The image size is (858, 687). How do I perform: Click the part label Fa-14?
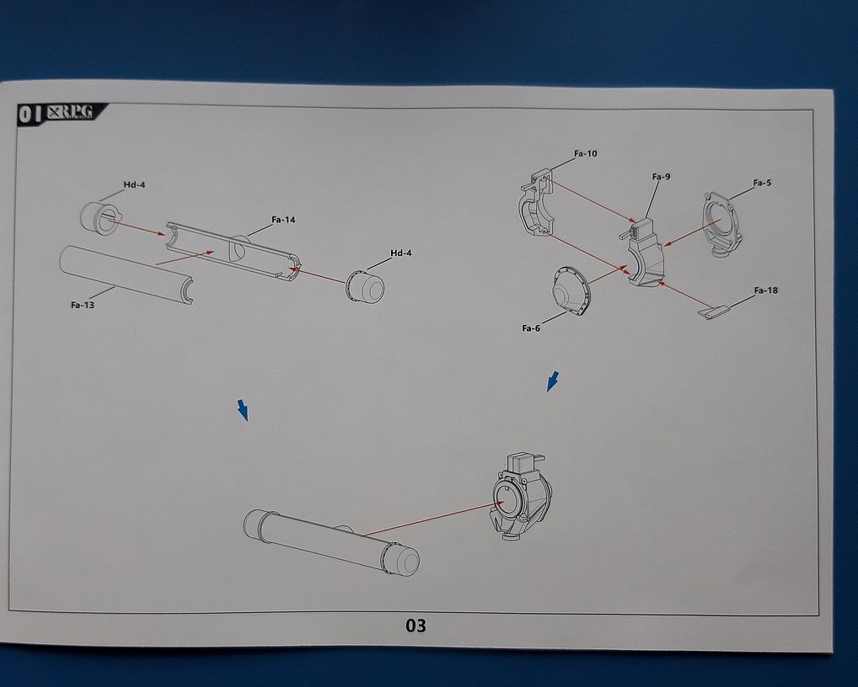[283, 220]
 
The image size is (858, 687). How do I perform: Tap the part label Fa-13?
[82, 305]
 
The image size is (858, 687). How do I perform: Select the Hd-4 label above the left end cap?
[133, 184]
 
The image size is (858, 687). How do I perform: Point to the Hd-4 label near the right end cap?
[401, 253]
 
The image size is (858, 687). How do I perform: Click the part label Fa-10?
[585, 153]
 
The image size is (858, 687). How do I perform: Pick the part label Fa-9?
[661, 177]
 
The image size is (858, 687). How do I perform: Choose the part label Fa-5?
[762, 183]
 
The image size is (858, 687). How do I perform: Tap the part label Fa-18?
[765, 290]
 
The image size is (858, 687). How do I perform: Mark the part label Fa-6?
[531, 328]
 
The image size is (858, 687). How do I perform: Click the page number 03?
[416, 626]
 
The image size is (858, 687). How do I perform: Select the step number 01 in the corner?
[30, 114]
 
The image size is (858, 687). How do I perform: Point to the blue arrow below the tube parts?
[243, 410]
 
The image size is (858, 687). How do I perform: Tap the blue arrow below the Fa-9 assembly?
[552, 382]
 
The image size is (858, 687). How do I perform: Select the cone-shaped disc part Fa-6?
[570, 291]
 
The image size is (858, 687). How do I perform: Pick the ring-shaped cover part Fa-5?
[722, 221]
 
